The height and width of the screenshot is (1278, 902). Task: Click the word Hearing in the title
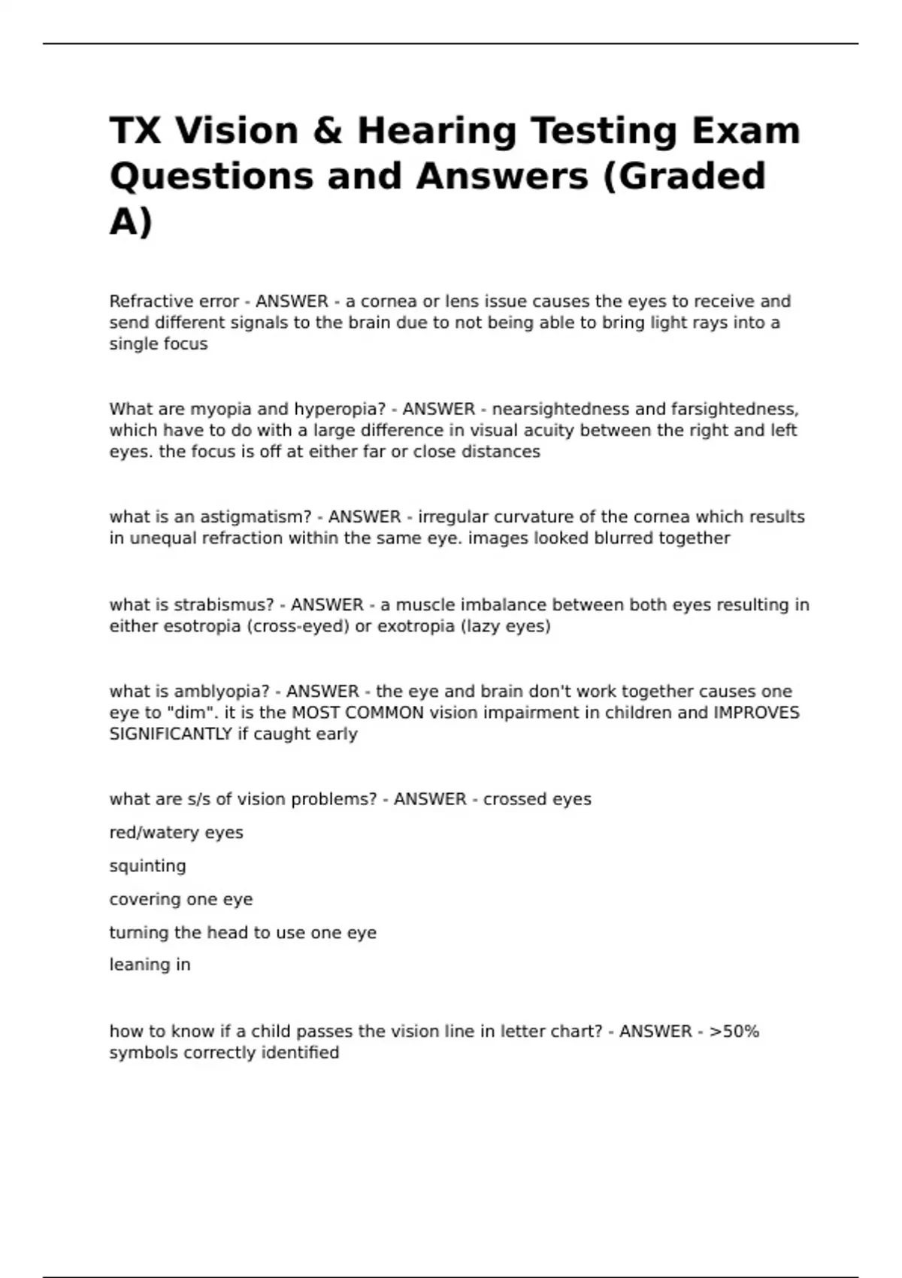437,131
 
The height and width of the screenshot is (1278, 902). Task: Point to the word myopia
221,410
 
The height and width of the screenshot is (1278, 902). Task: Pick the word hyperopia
339,410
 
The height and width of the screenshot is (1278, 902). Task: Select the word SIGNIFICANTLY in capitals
171,734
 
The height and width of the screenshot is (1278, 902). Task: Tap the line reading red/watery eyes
176,833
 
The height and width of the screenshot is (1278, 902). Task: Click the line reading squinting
147,866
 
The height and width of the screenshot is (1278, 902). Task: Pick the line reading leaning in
150,965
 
